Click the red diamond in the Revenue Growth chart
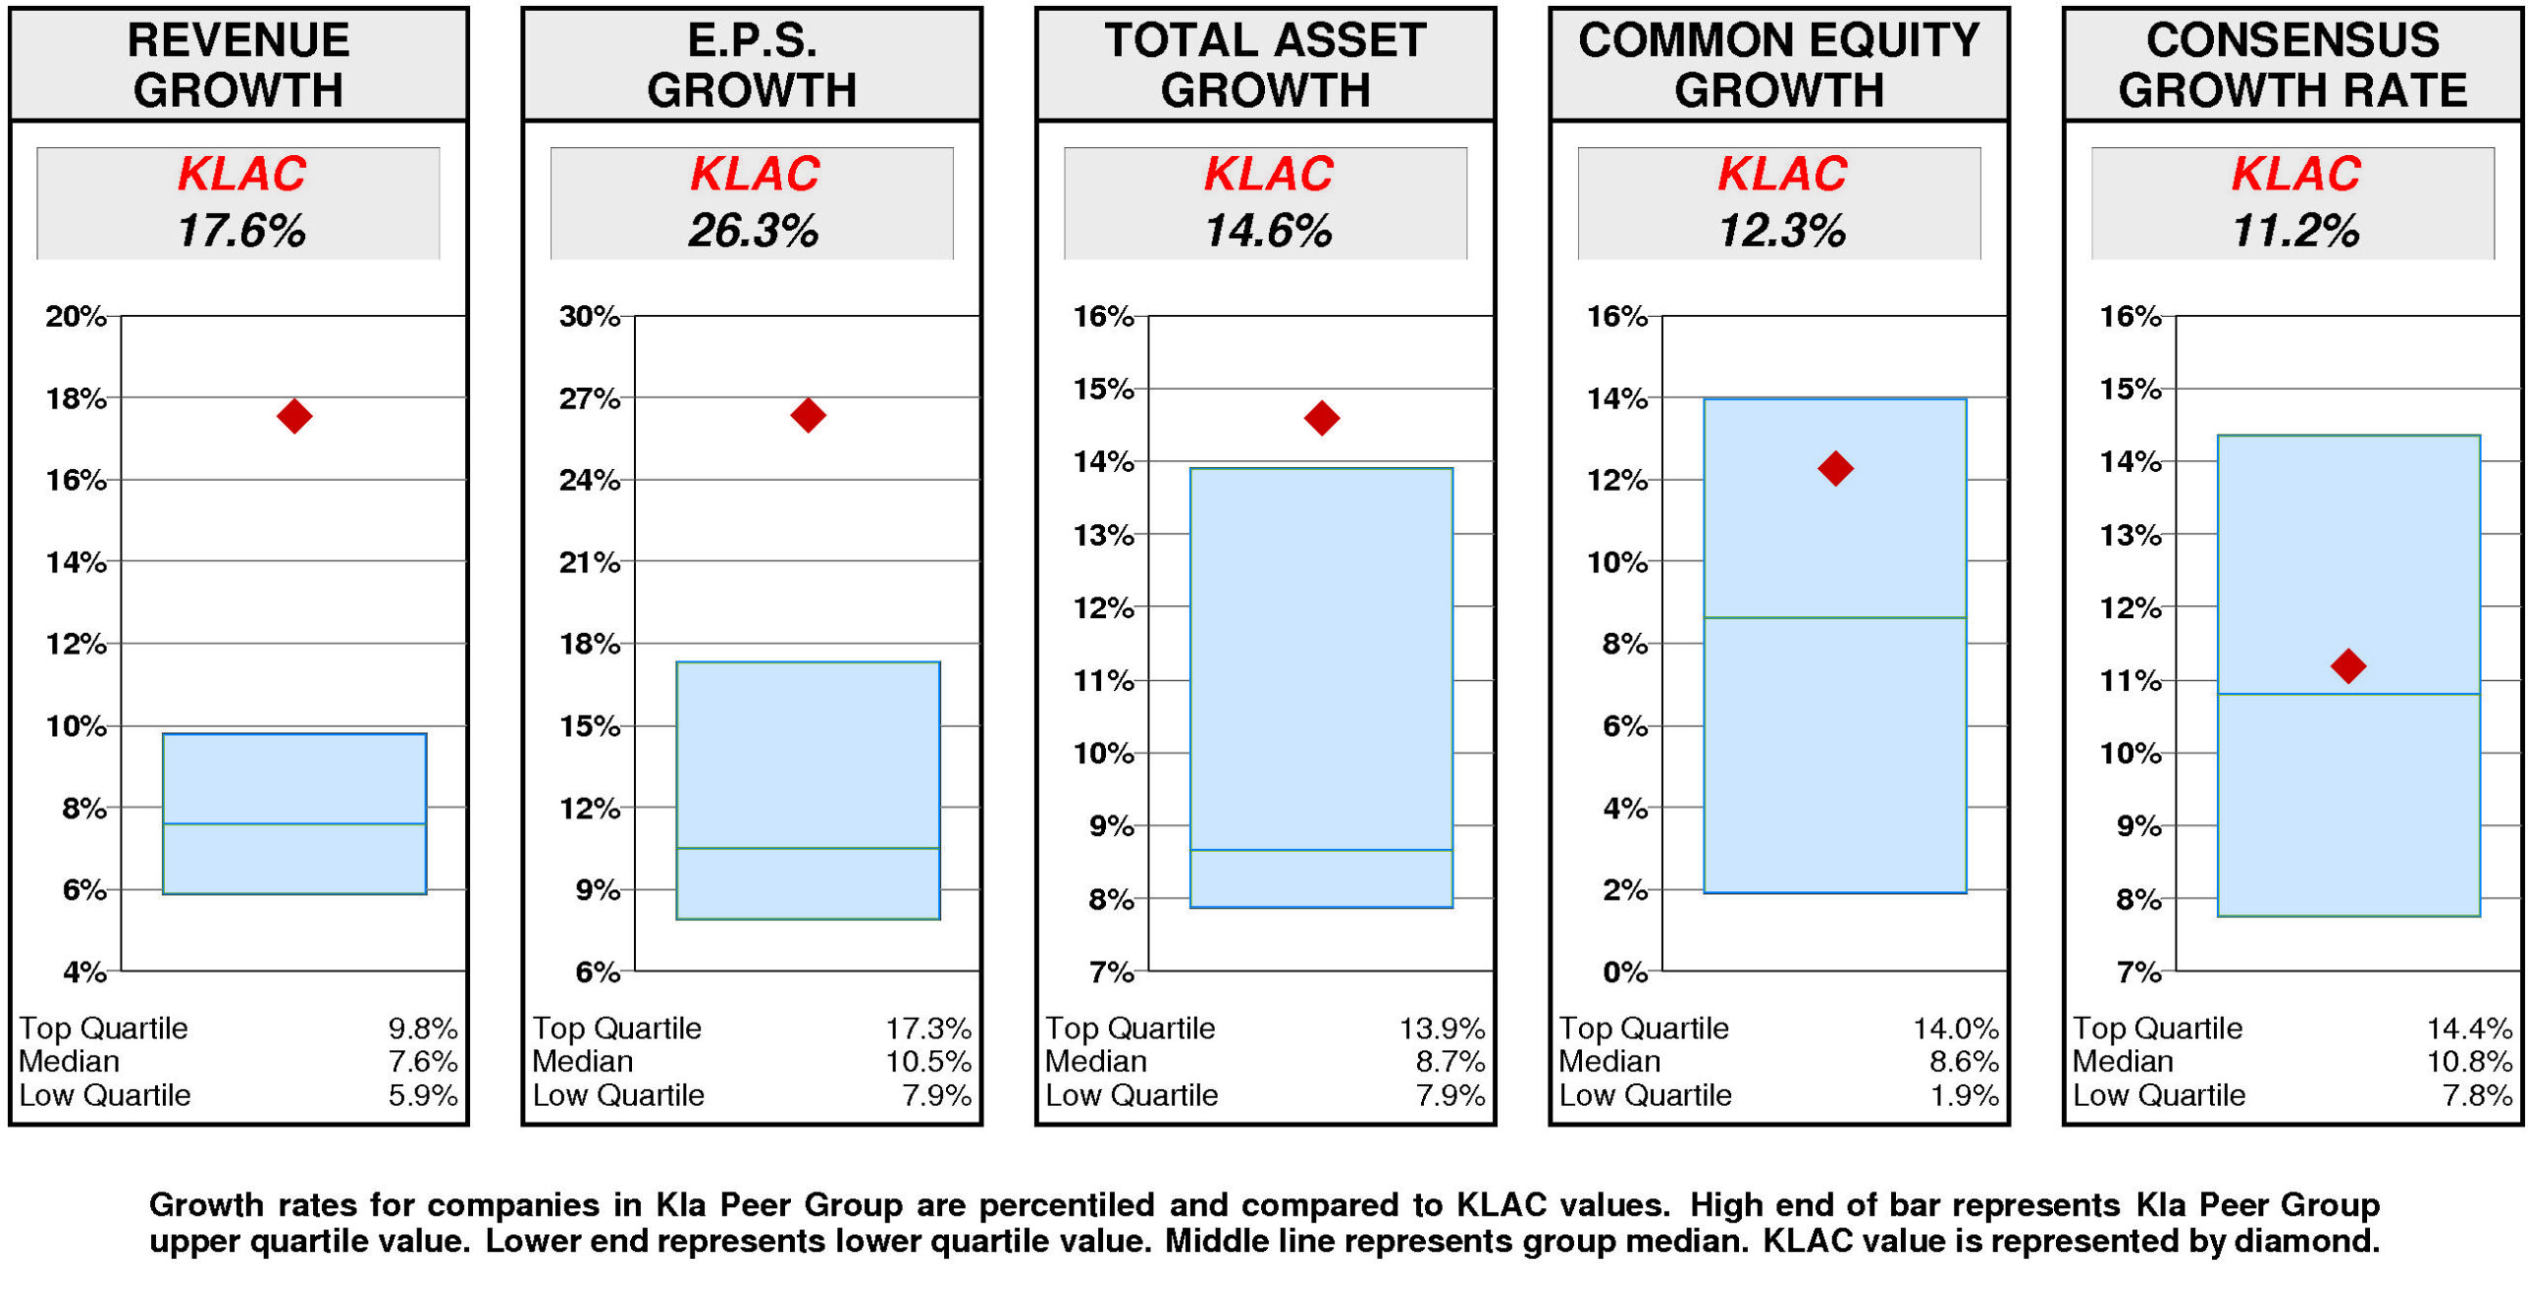[x=294, y=416]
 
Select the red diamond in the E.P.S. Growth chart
[x=808, y=415]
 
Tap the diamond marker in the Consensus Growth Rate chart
[x=2347, y=665]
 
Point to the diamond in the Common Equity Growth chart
[x=1835, y=468]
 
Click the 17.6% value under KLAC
[x=241, y=231]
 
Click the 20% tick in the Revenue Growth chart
[x=75, y=316]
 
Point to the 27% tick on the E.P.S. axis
[x=589, y=399]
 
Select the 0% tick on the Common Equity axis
[x=1624, y=971]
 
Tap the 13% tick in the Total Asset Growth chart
[x=1103, y=535]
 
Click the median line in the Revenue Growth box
[x=294, y=823]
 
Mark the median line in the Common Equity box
[x=1835, y=618]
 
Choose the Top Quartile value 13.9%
[x=1441, y=1028]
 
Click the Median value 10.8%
[x=2469, y=1061]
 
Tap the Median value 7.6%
[x=423, y=1061]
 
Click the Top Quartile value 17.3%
[x=927, y=1028]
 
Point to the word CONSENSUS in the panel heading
[x=2292, y=40]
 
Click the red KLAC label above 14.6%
[x=1268, y=174]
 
